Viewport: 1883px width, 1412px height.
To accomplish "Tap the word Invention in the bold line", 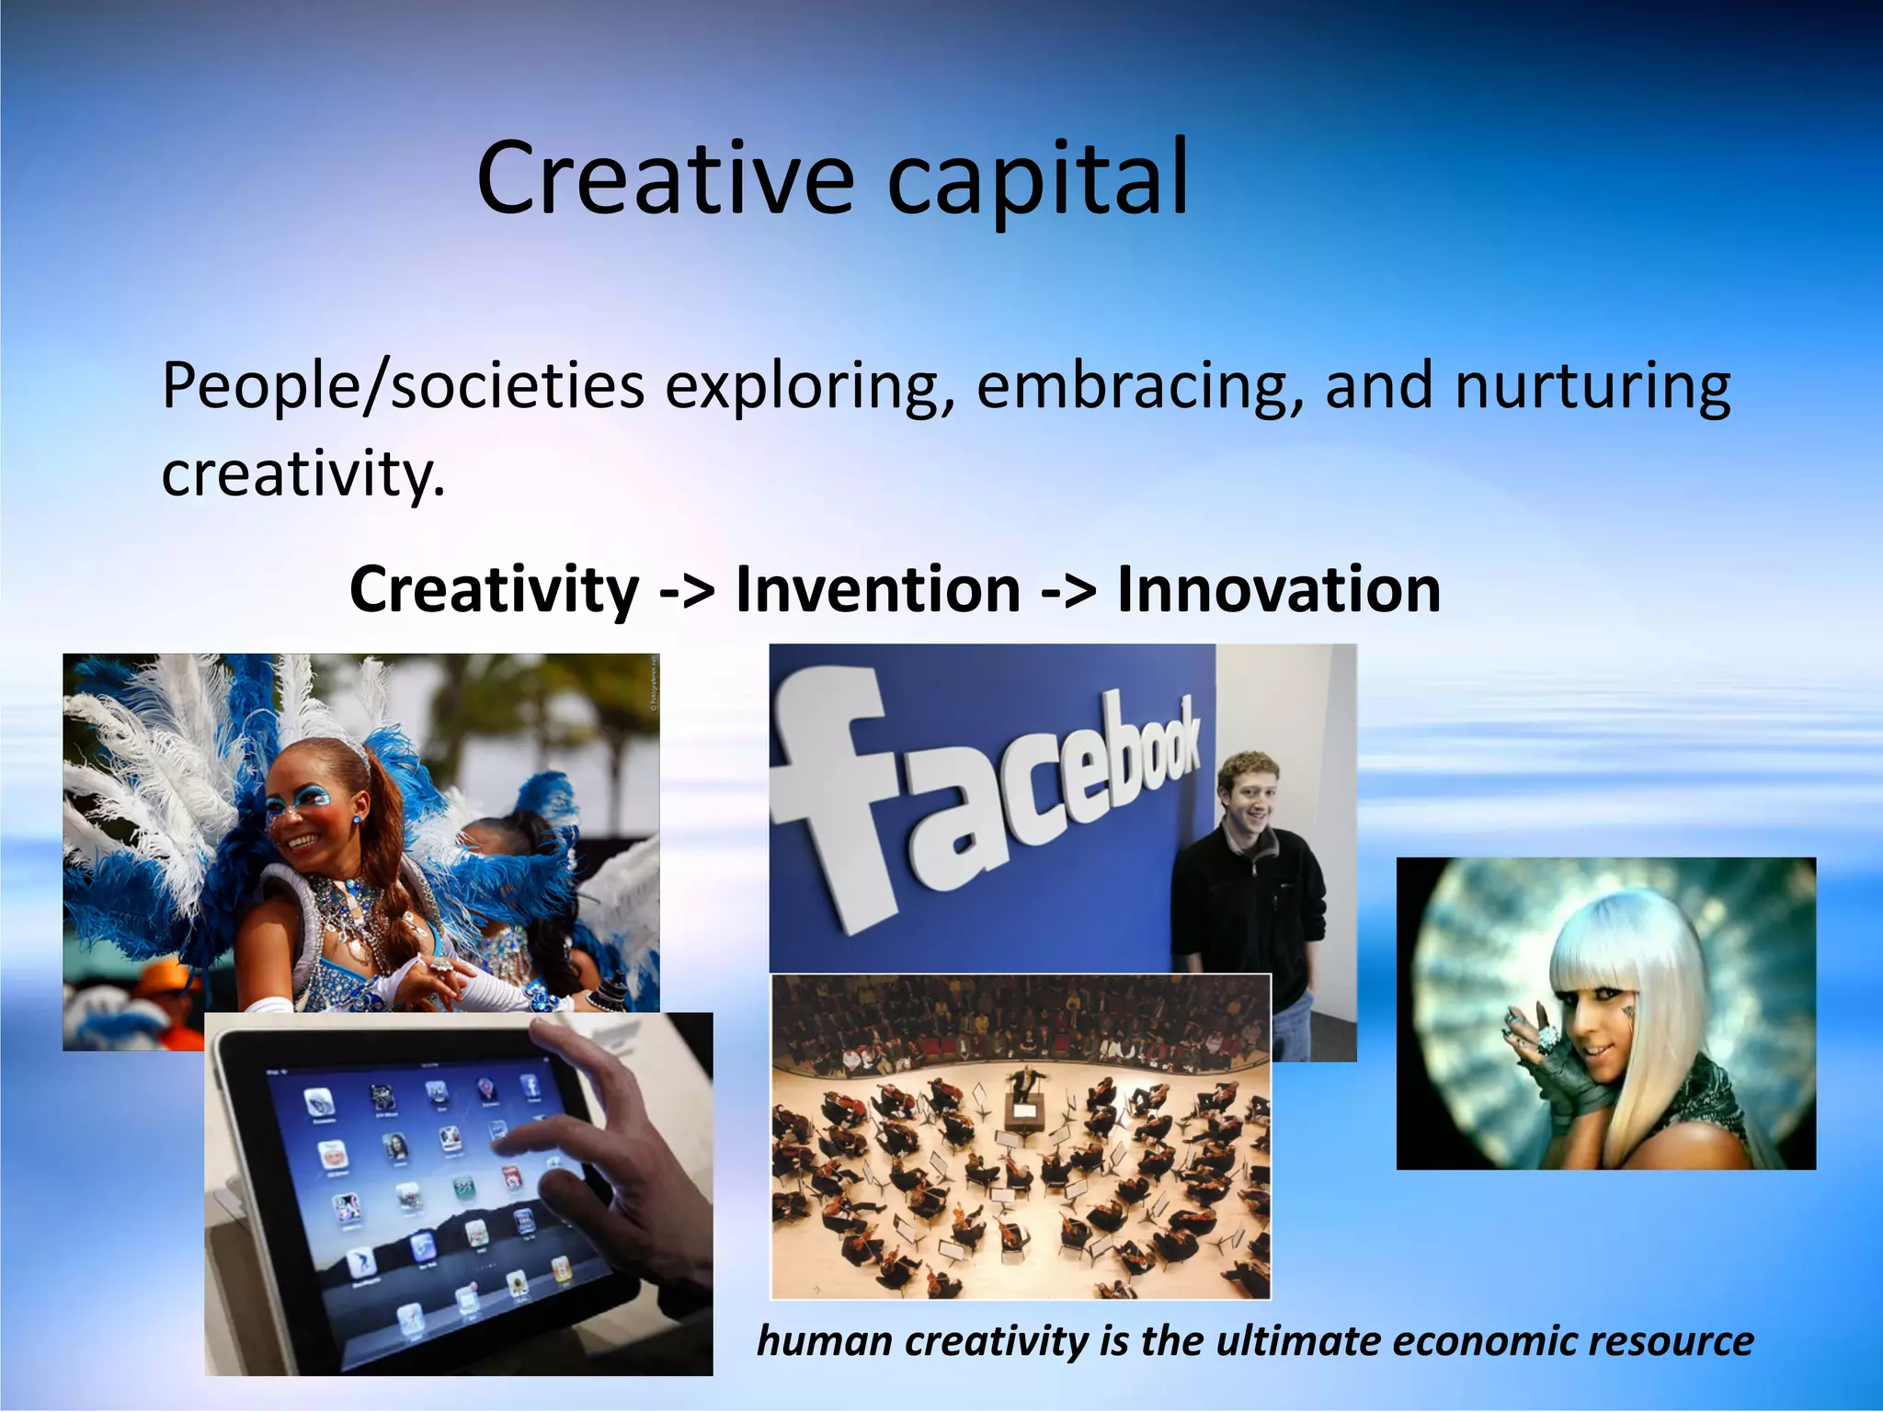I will click(878, 589).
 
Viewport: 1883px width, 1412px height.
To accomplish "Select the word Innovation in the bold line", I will click(1278, 589).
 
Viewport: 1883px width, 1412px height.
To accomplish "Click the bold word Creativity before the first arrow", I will click(494, 589).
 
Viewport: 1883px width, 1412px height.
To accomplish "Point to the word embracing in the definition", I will click(1139, 385).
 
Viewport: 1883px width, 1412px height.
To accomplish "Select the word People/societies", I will click(403, 385).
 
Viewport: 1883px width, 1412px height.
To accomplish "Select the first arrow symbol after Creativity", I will click(687, 591).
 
